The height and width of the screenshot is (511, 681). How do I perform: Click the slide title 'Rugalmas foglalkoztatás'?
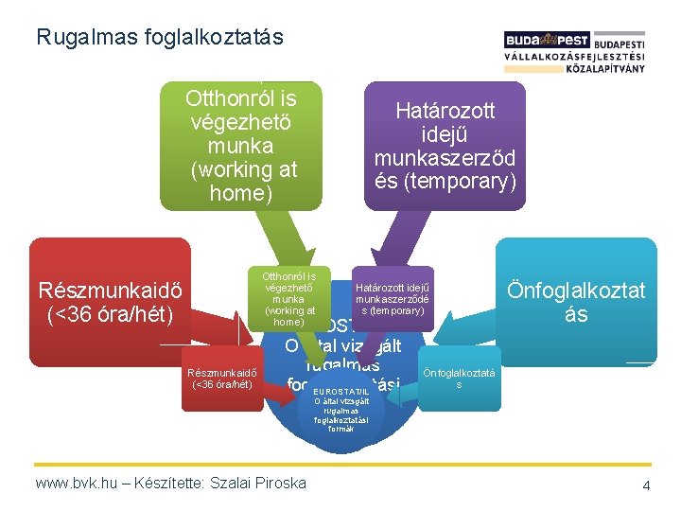(159, 38)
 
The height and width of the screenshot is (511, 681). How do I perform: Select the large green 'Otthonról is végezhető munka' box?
(241, 146)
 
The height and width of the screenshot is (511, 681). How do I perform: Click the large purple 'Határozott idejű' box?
(445, 146)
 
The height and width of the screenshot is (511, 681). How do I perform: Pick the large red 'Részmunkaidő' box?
(110, 300)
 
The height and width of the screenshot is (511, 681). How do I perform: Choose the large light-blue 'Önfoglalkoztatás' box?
(575, 301)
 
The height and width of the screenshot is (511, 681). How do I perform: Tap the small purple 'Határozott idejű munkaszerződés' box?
(391, 298)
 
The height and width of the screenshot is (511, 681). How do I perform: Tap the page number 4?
(646, 485)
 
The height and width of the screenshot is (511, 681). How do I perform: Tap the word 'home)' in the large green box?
(240, 193)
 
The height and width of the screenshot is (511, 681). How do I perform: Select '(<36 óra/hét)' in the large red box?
(110, 312)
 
